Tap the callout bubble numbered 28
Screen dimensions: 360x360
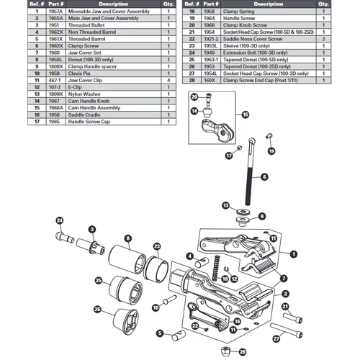[242, 353]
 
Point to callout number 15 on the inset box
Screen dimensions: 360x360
[246, 114]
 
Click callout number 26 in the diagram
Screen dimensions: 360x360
[98, 309]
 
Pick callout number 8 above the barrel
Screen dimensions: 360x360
[127, 238]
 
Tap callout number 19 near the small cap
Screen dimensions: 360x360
[271, 151]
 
